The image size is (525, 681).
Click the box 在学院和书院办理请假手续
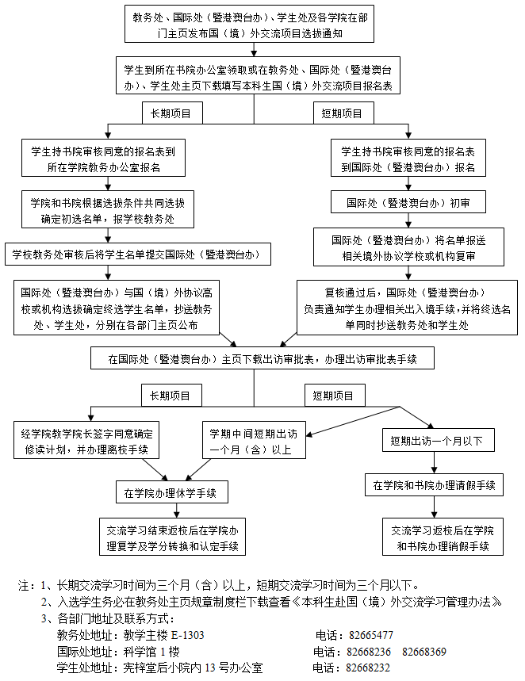[x=435, y=484]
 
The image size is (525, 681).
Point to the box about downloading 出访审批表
[x=262, y=358]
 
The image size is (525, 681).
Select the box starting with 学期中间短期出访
[x=253, y=442]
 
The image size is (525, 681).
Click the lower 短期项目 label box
[x=334, y=394]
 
